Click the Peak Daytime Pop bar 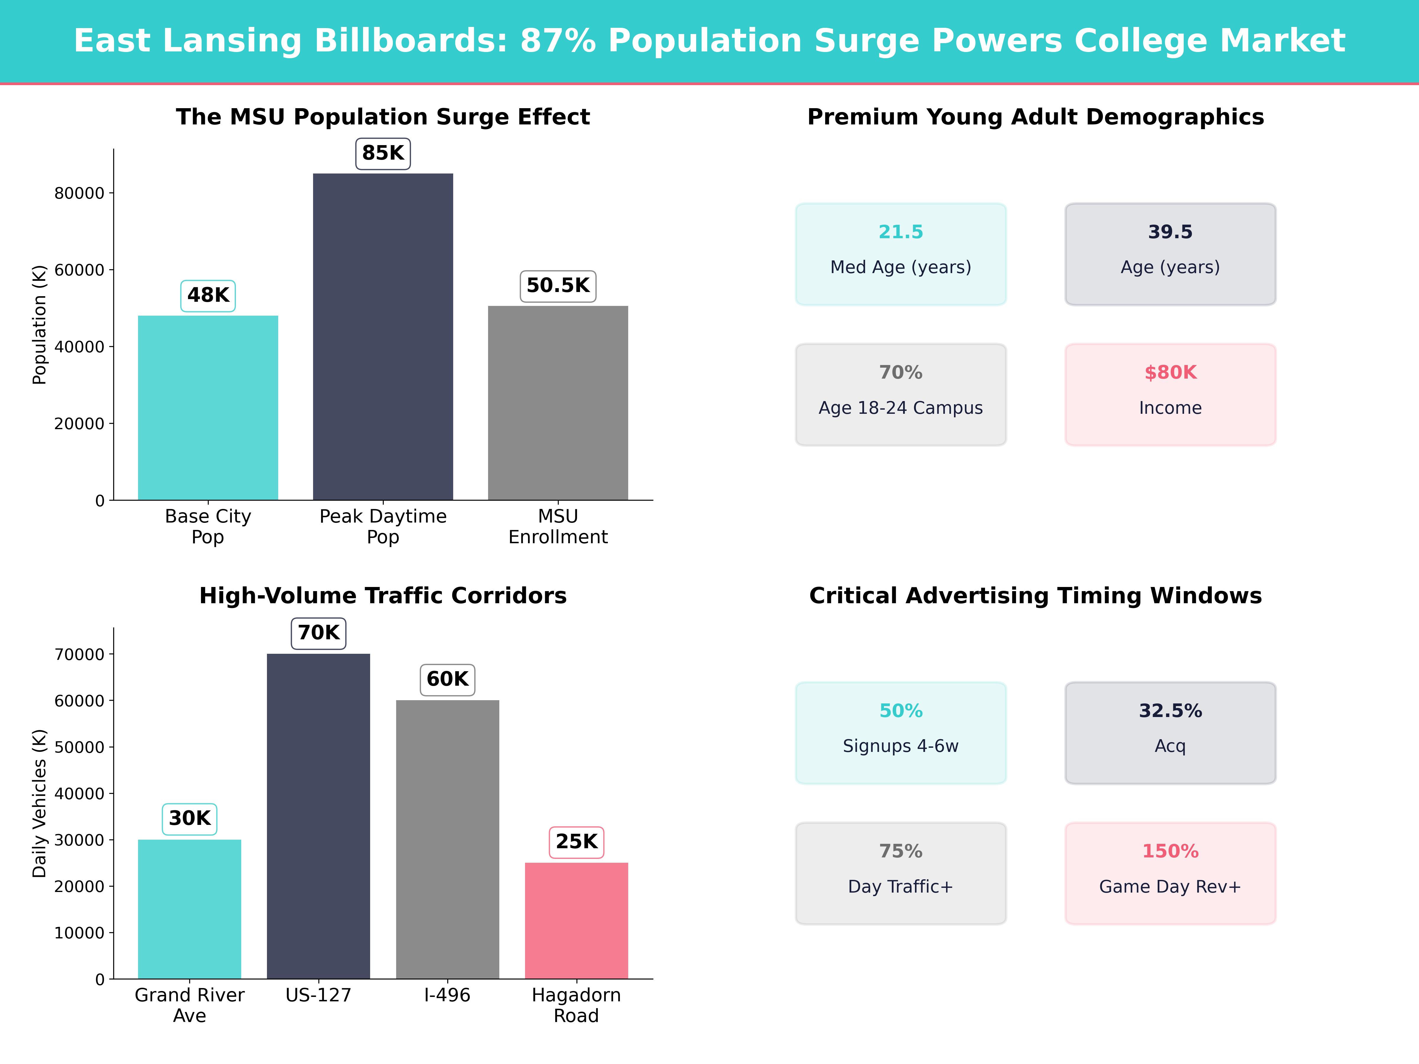click(383, 337)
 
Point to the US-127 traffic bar click(318, 816)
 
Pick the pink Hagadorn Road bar click(576, 920)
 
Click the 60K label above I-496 click(447, 679)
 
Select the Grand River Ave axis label click(189, 1005)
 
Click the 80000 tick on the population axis click(79, 193)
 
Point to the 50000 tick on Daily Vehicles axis click(79, 747)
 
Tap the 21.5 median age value click(901, 232)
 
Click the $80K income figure click(1170, 373)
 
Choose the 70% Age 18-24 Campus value click(901, 373)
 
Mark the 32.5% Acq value click(1170, 711)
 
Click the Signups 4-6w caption click(901, 746)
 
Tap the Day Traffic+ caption click(901, 886)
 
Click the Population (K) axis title click(40, 325)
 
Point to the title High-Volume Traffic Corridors click(383, 596)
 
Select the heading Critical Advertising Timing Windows click(1035, 596)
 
